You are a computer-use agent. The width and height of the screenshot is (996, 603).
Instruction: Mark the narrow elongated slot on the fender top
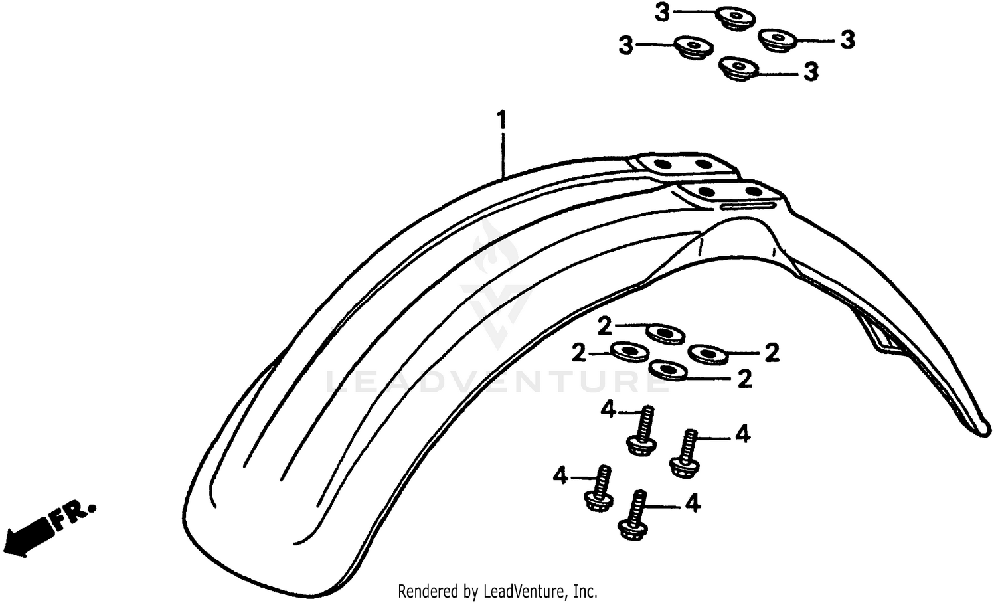click(x=748, y=205)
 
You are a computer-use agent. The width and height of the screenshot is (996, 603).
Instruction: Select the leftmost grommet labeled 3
click(x=694, y=47)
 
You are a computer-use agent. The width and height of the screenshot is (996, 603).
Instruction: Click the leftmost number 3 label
click(x=626, y=46)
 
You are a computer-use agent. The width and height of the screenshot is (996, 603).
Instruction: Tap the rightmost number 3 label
click(x=847, y=40)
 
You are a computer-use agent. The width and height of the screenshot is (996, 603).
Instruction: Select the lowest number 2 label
click(x=745, y=379)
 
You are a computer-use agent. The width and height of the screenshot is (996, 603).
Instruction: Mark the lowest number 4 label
click(x=693, y=504)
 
